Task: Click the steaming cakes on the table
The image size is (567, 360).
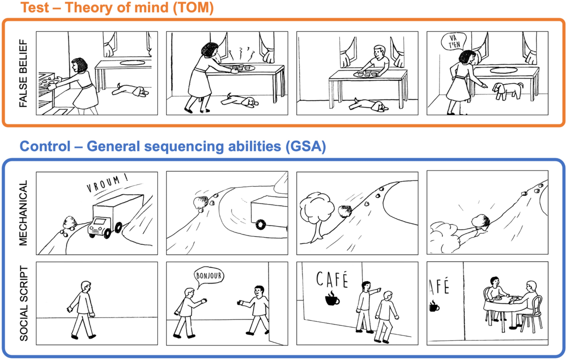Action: (x=241, y=69)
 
